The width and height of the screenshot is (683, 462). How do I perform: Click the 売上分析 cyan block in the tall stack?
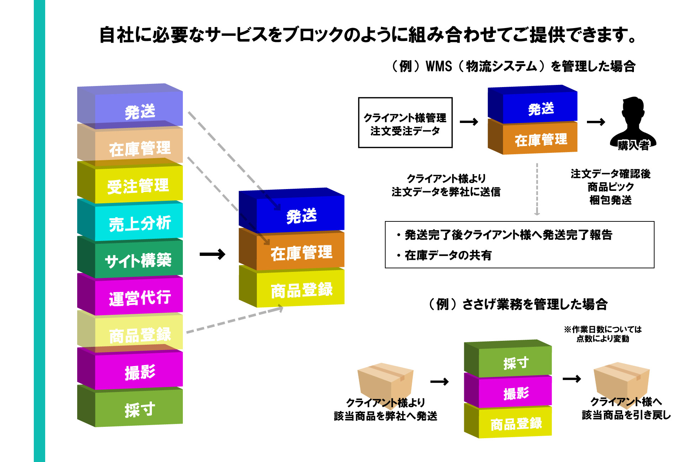pos(139,222)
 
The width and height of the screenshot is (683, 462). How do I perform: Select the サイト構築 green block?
pos(139,259)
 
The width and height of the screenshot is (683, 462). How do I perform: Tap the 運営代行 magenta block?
pos(139,297)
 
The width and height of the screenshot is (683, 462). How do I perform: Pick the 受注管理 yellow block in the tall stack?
pos(139,185)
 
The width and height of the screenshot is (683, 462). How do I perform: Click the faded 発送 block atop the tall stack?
pos(139,110)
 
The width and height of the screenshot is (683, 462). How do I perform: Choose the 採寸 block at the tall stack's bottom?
pos(139,409)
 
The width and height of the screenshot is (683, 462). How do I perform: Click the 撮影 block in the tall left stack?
pos(139,371)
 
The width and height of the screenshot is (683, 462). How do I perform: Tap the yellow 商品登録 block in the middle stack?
pos(301,290)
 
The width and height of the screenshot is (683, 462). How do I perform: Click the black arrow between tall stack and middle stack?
pos(212,254)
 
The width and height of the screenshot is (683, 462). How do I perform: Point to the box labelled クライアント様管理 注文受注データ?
pos(405,123)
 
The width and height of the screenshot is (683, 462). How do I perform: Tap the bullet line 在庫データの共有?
pos(448,255)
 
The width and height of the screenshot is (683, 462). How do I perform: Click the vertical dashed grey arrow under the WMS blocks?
pos(537,188)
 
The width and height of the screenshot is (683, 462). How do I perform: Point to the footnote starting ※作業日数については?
pos(603,334)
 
